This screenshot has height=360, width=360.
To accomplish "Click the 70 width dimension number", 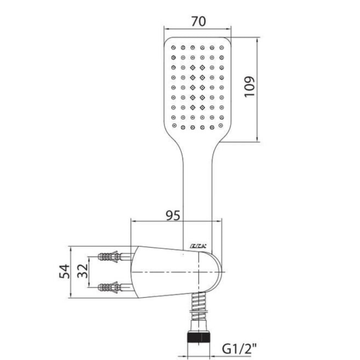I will (x=198, y=22).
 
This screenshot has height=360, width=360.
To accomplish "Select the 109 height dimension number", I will (x=249, y=87).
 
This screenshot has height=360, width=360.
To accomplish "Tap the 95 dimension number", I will (x=173, y=216).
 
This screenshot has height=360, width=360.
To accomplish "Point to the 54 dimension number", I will (x=64, y=271).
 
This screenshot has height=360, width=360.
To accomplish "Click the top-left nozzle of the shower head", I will (x=174, y=48).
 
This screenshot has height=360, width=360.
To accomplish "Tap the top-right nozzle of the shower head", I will (x=222, y=48).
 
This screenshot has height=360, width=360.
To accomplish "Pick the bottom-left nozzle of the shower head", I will (x=174, y=126).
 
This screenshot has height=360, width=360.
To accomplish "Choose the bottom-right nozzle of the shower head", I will (x=222, y=126).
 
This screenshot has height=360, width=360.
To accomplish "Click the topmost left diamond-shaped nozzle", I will (x=193, y=67).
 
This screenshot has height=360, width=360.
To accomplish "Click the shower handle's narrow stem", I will (x=198, y=187).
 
